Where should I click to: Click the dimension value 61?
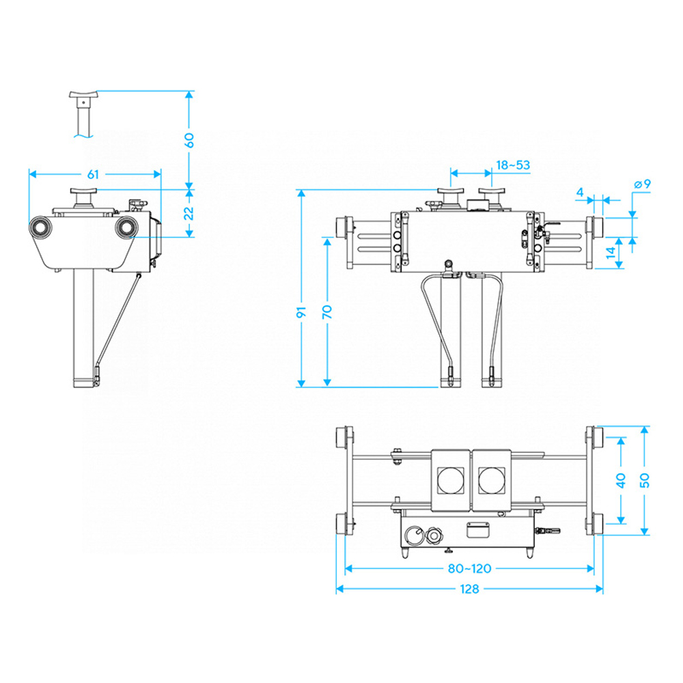93,174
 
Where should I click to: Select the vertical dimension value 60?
189,140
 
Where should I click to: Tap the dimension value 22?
189,213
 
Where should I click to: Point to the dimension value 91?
301,312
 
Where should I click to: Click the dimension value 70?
327,312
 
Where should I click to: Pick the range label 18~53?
513,165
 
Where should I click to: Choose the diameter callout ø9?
643,184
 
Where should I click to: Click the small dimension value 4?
580,192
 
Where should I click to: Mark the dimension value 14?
611,252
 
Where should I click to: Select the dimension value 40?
621,480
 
